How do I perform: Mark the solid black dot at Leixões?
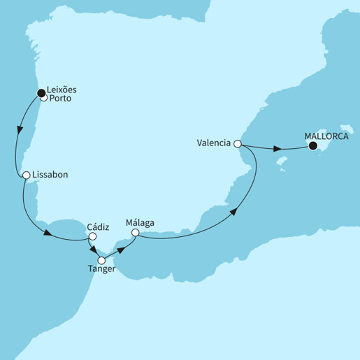pos(40,90)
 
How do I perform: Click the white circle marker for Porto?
pos(44,98)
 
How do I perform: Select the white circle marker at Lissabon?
pos(26,175)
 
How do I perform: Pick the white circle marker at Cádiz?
pos(91,236)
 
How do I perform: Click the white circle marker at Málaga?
pos(136,233)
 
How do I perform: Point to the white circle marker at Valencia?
pos(238,144)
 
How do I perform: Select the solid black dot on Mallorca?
pos(312,146)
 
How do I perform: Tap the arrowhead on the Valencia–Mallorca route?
pos(278,149)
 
